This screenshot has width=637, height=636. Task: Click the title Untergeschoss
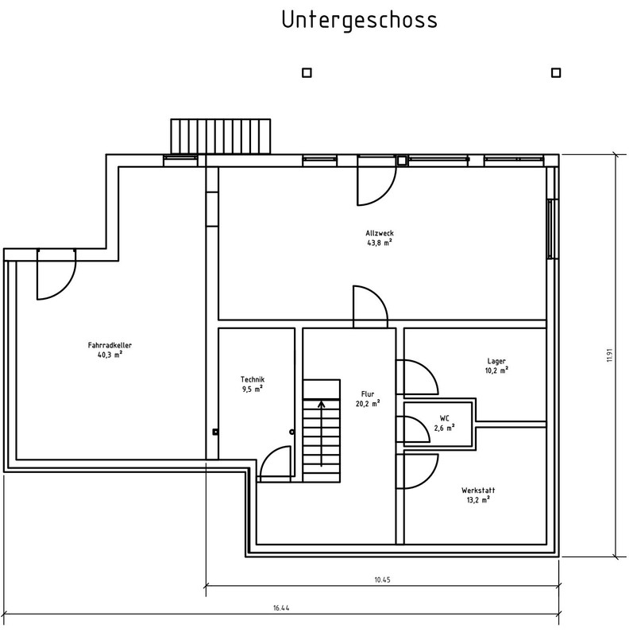(x=359, y=21)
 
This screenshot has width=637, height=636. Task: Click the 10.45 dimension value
(x=382, y=580)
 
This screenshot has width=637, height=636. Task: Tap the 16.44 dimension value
(x=280, y=608)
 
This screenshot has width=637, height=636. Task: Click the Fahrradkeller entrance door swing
(x=56, y=278)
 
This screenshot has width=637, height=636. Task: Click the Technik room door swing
(x=275, y=463)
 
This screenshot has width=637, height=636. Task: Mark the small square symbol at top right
(x=555, y=72)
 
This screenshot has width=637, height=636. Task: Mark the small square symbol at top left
(x=307, y=72)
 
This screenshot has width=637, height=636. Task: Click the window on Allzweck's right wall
(x=550, y=228)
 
